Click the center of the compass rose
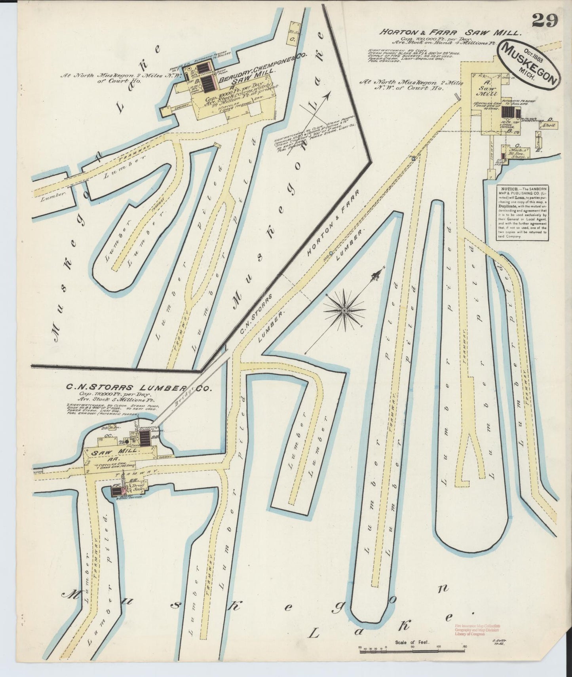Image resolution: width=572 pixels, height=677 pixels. pyautogui.click(x=344, y=311)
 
